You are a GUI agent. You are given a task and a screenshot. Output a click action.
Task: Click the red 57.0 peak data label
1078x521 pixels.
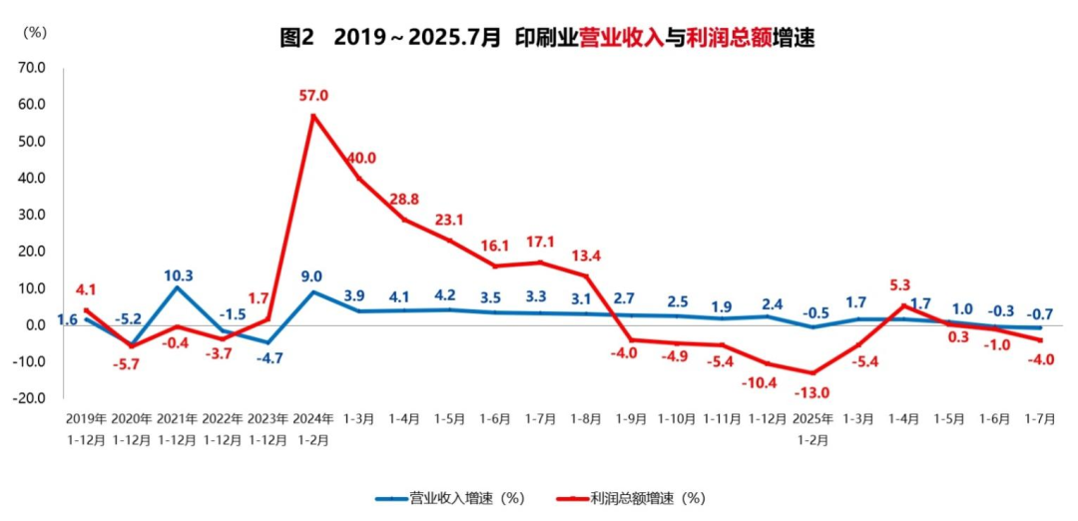[313, 96]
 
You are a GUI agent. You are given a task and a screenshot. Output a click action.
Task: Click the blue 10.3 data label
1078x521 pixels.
[179, 275]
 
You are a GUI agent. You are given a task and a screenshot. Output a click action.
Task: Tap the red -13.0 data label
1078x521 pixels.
[811, 392]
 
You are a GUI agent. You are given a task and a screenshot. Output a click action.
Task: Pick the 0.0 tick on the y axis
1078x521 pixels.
[35, 325]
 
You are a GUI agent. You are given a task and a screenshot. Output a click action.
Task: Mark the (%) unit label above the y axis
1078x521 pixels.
[34, 32]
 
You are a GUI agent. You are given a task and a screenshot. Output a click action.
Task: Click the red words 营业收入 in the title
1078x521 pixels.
[622, 39]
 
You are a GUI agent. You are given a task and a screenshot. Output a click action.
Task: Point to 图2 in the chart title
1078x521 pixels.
[297, 39]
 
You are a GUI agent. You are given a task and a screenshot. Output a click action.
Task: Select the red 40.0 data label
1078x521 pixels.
[359, 158]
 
